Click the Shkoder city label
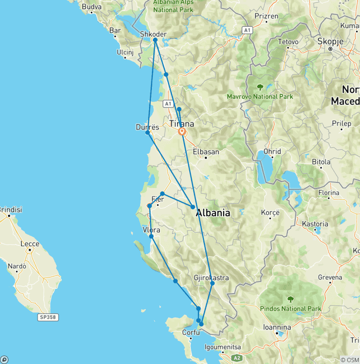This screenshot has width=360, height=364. (153, 34)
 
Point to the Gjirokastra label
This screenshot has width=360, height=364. (211, 278)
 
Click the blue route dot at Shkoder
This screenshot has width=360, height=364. (155, 40)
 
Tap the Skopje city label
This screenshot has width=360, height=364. (330, 41)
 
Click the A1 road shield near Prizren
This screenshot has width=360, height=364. (247, 30)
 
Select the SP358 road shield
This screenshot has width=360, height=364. (47, 318)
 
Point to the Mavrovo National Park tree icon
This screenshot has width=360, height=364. (260, 87)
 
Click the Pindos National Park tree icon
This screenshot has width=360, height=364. (290, 299)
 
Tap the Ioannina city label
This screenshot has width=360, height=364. (277, 327)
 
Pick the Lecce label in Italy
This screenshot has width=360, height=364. (30, 244)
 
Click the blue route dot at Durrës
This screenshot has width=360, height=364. (148, 133)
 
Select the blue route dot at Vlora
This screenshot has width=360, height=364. (151, 236)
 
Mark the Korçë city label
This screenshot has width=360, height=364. (270, 212)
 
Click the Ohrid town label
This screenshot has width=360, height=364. (272, 152)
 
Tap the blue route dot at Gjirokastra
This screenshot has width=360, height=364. (212, 283)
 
